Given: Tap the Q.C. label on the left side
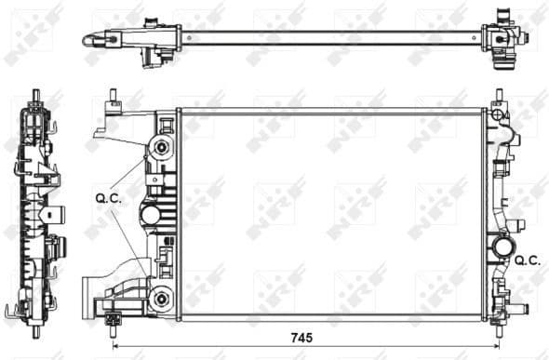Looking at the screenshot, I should click(x=107, y=197).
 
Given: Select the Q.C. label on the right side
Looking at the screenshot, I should click(x=528, y=262).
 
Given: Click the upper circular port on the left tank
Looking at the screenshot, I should click(x=163, y=148).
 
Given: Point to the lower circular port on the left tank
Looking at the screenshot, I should click(x=163, y=299).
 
